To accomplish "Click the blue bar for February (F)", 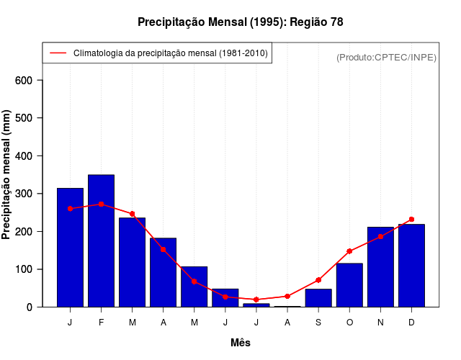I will pos(101,240).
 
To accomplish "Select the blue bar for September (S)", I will pos(318,298).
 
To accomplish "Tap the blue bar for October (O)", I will pos(349,285).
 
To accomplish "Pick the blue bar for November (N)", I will pos(380,267).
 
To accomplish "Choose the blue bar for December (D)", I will pos(411,266).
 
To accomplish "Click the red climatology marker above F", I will pos(101,204).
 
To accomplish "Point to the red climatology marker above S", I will pos(318,280).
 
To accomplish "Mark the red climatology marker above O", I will pos(349,251).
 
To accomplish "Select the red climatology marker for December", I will pos(411,220).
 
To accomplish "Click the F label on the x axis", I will pos(101,323).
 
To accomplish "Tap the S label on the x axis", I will pos(318,323).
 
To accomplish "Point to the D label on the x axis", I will pos(411,323).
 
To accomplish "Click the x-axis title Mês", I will pos(241,343).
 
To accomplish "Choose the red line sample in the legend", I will pos(58,53).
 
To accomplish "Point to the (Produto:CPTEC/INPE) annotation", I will pos(387,57).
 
